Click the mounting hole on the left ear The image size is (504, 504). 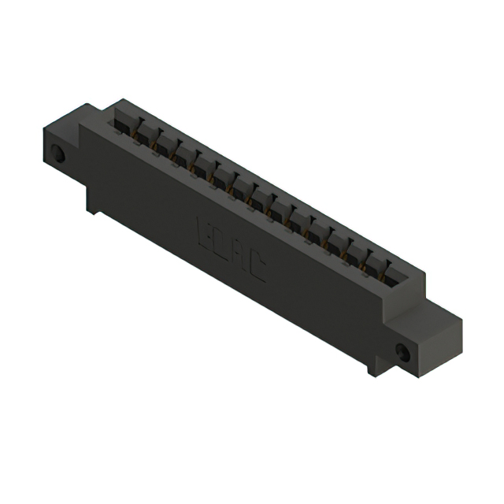point(58,153)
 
